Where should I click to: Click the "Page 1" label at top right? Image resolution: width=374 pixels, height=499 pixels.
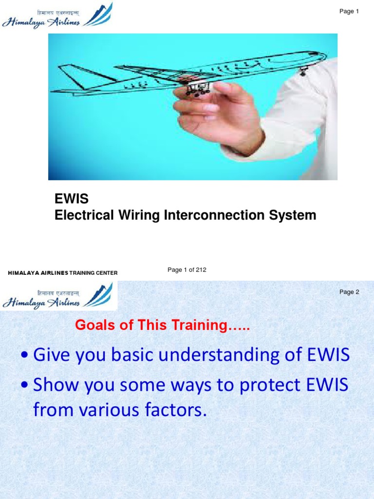[x=349, y=12]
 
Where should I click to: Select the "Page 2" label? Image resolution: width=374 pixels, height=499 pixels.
[x=349, y=292]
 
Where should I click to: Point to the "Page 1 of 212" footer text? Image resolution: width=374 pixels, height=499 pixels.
[x=187, y=270]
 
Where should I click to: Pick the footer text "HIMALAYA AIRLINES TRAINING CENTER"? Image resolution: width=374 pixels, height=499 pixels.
[x=63, y=273]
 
